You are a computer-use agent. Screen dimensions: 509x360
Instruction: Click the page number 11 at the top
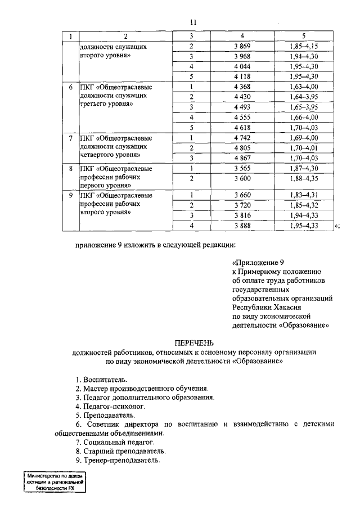pyautogui.click(x=193, y=22)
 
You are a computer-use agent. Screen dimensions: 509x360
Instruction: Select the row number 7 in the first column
pyautogui.click(x=70, y=138)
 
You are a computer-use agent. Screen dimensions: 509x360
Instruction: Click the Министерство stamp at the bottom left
pyautogui.click(x=54, y=483)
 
